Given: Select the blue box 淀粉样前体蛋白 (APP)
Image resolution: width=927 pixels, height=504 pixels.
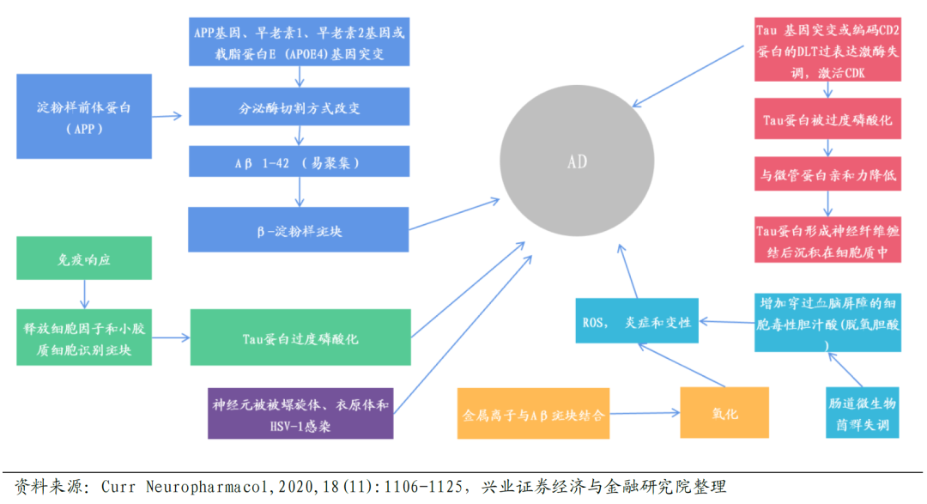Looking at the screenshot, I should pos(83,116).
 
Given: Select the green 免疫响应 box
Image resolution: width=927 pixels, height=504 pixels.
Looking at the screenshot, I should pos(83,258).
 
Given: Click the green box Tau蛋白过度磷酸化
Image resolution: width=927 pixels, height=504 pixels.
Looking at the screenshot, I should pos(300,338).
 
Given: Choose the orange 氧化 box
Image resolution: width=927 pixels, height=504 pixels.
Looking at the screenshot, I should pos(724,413).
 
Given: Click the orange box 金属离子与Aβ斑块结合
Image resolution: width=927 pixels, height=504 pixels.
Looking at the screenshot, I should pos(533,414).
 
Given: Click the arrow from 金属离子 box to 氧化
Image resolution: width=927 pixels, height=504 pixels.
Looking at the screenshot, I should pos(644,412).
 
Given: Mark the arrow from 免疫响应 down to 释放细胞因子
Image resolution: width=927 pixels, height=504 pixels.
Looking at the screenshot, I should pos(84,294).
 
